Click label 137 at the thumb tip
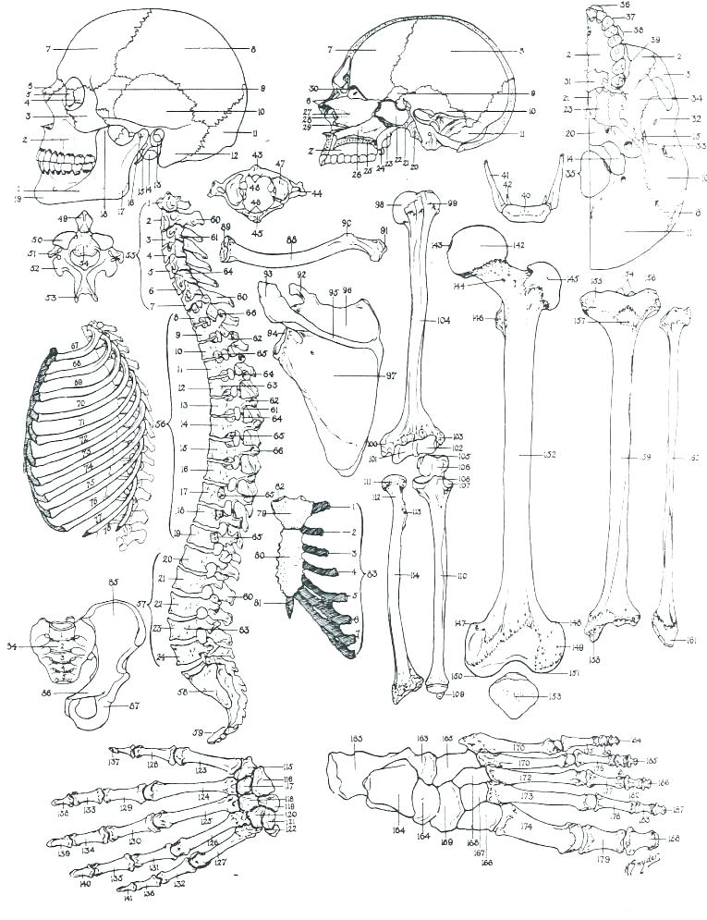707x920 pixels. point(114,763)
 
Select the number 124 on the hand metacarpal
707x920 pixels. point(203,795)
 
